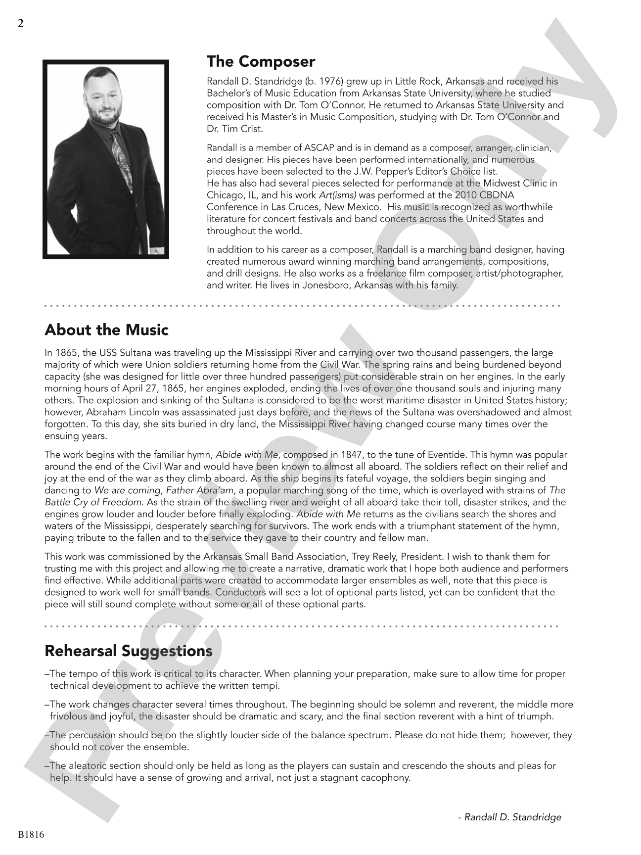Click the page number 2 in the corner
click(x=20, y=23)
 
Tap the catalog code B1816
click(x=31, y=835)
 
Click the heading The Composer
click(x=261, y=62)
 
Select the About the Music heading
click(x=106, y=330)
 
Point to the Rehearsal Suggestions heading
click(x=129, y=651)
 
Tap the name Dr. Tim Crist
click(x=235, y=129)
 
